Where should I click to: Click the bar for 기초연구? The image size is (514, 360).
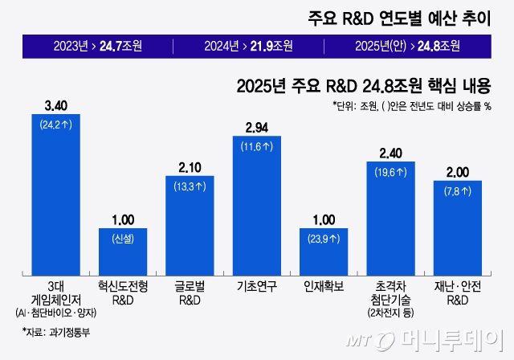[257, 205]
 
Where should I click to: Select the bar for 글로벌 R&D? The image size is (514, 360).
[190, 225]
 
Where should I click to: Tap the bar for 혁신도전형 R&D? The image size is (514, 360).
[123, 251]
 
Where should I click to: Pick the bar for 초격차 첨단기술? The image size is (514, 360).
[390, 217]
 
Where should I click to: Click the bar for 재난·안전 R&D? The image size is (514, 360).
[457, 227]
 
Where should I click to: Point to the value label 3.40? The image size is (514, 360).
[55, 105]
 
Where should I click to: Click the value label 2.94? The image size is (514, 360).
[257, 128]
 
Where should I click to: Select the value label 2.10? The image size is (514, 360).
[190, 167]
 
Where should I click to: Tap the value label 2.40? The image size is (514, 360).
[390, 153]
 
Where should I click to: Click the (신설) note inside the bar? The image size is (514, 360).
[123, 239]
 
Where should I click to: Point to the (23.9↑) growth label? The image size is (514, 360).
[324, 239]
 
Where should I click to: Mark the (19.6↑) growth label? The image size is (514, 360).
[390, 171]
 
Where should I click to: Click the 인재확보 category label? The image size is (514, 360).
[324, 286]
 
